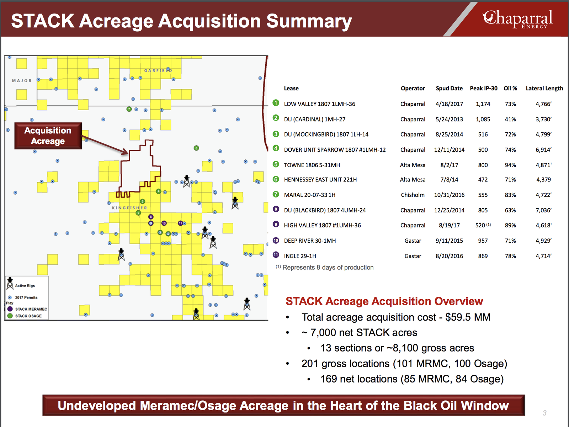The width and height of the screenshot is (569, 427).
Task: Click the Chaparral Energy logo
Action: pyautogui.click(x=517, y=19)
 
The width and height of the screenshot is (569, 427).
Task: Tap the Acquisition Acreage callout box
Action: pyautogui.click(x=48, y=136)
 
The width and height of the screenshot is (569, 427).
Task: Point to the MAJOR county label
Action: pyautogui.click(x=22, y=81)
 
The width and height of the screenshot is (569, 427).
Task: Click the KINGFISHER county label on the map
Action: pyautogui.click(x=129, y=208)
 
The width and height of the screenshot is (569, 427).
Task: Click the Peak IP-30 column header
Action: pyautogui.click(x=483, y=88)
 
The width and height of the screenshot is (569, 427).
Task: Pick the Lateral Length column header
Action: pyautogui.click(x=544, y=88)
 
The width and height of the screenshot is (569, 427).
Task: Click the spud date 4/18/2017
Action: pyautogui.click(x=449, y=104)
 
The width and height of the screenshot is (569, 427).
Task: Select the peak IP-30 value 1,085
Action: pyautogui.click(x=483, y=119)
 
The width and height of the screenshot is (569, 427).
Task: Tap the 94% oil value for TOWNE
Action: pyautogui.click(x=510, y=165)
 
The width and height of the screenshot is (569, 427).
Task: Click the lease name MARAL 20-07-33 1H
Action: pyautogui.click(x=309, y=195)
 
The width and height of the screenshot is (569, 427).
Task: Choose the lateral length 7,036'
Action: pyautogui.click(x=544, y=210)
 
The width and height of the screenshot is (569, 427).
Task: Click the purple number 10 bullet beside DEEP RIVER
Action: pyautogui.click(x=276, y=240)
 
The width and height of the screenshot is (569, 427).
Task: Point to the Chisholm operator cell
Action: pyautogui.click(x=413, y=195)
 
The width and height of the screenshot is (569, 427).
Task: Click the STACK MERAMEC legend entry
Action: pyautogui.click(x=27, y=309)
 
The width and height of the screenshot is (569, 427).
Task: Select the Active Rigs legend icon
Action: pyautogui.click(x=10, y=283)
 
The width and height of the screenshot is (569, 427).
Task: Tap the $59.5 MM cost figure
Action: pyautogui.click(x=468, y=317)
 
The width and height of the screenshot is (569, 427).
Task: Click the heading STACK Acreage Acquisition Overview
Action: pyautogui.click(x=384, y=301)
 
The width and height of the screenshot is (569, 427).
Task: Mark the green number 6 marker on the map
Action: pyautogui.click(x=196, y=148)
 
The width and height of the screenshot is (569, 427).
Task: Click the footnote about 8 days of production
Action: pyautogui.click(x=325, y=267)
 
